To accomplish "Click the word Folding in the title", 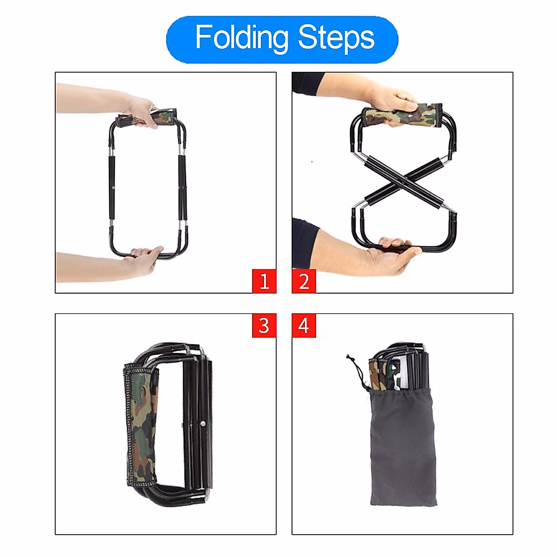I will [x=241, y=38].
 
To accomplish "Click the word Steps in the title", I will [x=336, y=38].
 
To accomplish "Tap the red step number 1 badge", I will [x=264, y=281].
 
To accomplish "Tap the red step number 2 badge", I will [x=304, y=281].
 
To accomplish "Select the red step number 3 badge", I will [x=264, y=325].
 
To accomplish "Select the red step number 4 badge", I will [x=304, y=325].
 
